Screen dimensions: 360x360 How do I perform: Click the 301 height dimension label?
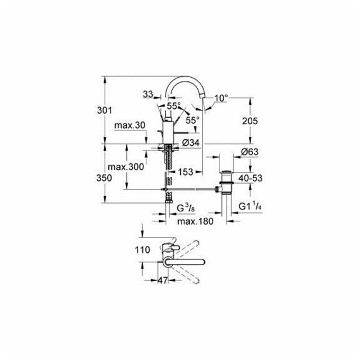(x=104, y=111)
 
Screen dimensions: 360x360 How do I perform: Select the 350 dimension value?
(x=104, y=178)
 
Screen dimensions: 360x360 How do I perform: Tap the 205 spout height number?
(x=250, y=121)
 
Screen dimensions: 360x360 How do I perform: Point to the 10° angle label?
(x=221, y=98)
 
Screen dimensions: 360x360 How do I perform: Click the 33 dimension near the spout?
(x=148, y=94)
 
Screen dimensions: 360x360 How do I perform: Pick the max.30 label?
(x=130, y=125)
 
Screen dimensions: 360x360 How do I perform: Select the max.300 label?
(x=126, y=167)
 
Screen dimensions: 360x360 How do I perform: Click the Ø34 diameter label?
(x=191, y=143)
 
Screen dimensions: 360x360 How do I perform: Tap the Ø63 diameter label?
(x=249, y=152)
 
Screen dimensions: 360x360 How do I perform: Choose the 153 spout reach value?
(x=186, y=172)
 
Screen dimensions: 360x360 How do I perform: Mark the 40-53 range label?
(x=251, y=178)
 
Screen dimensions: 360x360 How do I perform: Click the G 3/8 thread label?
(x=186, y=208)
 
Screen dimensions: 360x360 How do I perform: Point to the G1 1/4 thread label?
(x=251, y=207)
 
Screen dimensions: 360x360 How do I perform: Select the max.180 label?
(x=196, y=221)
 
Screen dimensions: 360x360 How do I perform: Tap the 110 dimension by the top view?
(x=142, y=250)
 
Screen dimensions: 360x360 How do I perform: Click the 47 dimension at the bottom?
(x=163, y=280)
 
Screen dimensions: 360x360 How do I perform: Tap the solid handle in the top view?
(x=185, y=262)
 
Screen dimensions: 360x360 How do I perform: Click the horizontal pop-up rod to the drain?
(x=190, y=189)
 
